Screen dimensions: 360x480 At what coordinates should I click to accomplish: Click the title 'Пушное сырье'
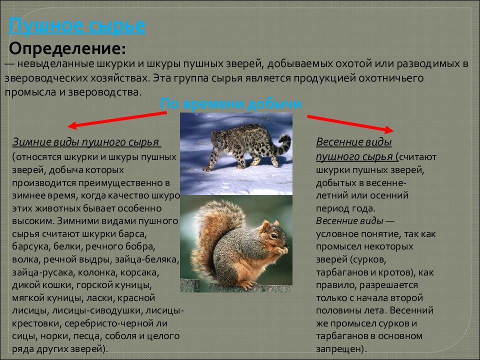78,25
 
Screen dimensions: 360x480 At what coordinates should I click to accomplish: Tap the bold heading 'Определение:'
67,49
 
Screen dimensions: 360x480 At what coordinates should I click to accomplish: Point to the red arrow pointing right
350,123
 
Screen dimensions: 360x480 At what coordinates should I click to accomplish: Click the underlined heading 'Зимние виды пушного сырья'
86,142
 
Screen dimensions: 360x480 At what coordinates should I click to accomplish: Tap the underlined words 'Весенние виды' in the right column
353,142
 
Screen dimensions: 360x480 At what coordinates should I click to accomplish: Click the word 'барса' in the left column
132,233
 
